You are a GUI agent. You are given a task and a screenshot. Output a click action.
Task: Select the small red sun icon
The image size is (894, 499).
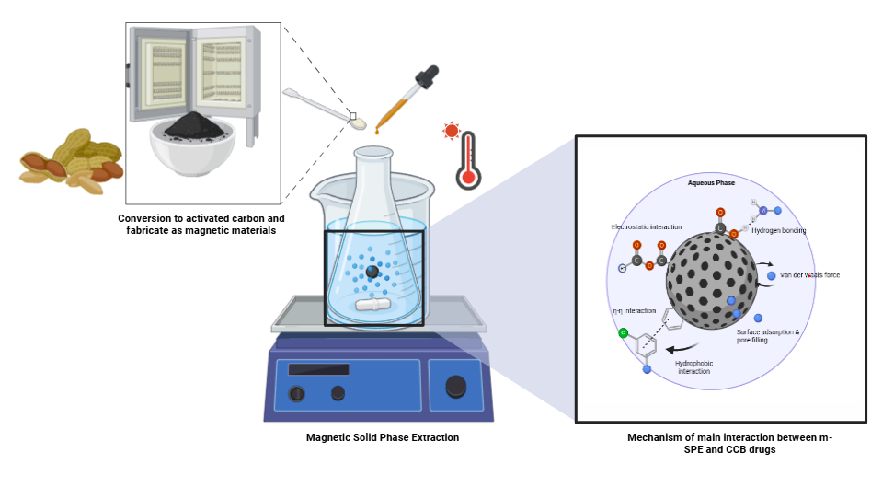click(451, 131)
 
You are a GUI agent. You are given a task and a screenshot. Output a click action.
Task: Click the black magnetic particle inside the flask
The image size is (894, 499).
click(372, 273)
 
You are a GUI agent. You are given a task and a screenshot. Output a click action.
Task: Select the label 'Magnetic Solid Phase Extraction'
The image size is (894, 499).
click(383, 437)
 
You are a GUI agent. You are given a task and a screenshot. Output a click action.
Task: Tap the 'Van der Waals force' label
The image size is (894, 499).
click(809, 275)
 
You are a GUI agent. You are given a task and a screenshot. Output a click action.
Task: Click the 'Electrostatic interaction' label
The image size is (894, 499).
click(647, 226)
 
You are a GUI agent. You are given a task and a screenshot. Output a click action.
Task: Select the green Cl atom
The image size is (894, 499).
click(624, 332)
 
